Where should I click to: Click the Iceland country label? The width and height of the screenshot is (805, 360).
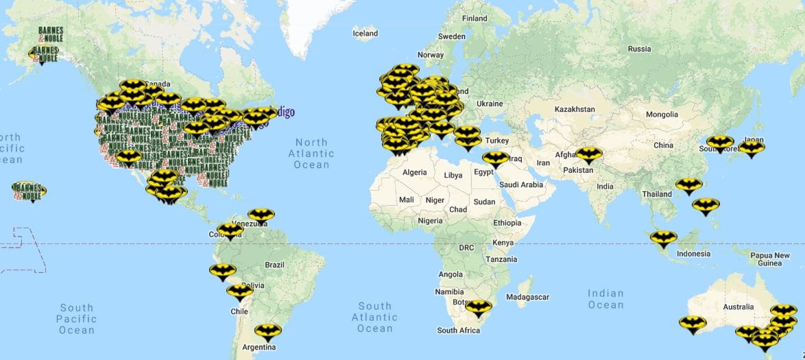point(365,33)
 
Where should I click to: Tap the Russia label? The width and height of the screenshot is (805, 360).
point(639,49)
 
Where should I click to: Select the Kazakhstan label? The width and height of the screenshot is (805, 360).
point(575,109)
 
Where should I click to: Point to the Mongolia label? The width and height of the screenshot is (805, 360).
point(662,114)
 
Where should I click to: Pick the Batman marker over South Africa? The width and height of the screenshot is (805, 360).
point(478,307)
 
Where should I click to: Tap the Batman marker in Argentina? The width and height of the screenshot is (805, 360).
point(267,332)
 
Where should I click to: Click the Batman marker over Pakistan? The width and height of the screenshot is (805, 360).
point(588,155)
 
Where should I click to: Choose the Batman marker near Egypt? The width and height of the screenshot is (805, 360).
point(494,158)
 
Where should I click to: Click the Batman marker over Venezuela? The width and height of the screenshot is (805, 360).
point(261,215)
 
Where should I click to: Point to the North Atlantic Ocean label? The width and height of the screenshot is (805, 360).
point(312,154)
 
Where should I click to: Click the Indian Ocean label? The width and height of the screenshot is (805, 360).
point(605,299)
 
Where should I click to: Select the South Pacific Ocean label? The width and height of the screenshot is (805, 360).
point(76,319)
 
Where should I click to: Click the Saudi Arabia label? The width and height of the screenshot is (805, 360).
point(521,184)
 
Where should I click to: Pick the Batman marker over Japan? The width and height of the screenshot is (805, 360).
point(752,147)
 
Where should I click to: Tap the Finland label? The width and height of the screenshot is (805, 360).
point(474,19)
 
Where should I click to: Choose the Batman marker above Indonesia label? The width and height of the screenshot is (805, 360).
point(663,238)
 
